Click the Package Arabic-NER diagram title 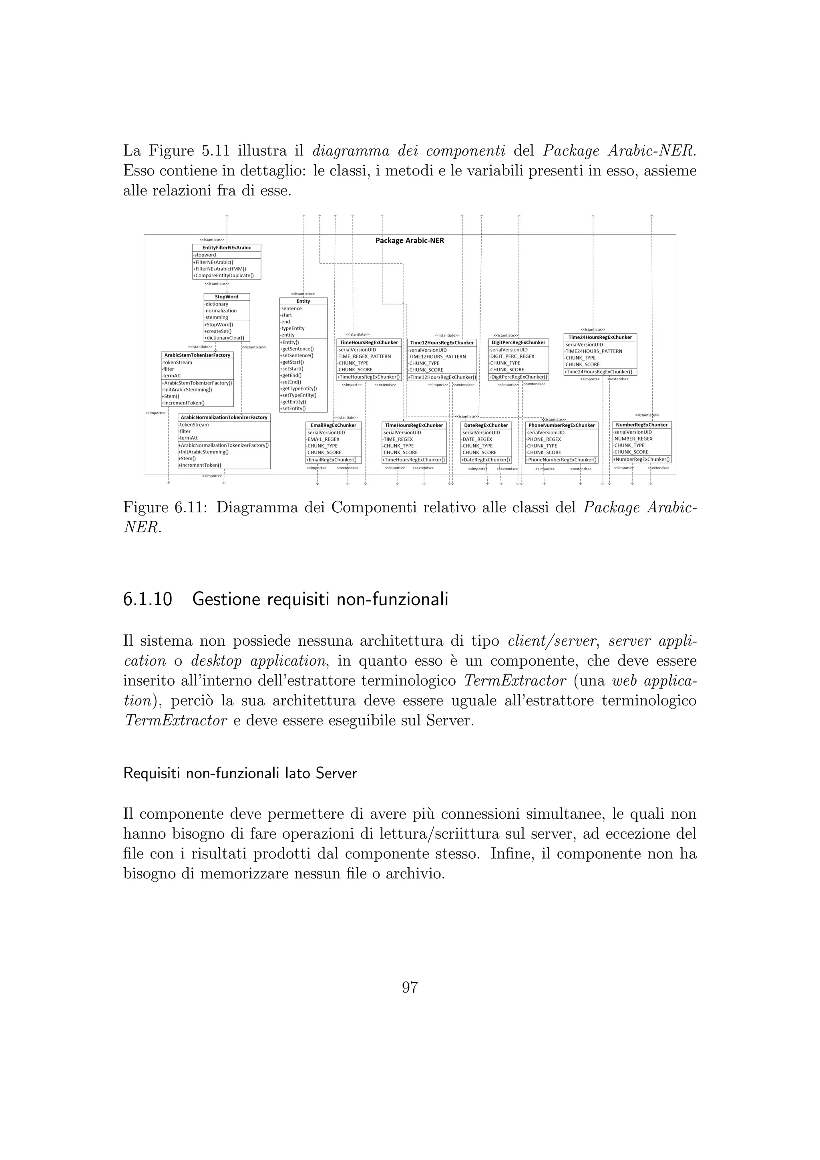410,240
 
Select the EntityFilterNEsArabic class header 226,248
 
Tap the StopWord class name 226,296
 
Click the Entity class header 303,301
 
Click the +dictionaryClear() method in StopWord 224,338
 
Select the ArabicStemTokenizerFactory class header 197,355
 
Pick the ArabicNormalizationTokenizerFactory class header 224,417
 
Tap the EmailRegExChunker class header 333,425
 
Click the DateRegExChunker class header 486,425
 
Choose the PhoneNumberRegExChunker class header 561,425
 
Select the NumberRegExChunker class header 641,425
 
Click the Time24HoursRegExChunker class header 600,337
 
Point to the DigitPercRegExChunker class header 518,342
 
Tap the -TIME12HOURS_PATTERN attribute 437,356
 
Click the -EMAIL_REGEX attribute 323,439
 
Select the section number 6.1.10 147,599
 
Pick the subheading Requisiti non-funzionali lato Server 240,773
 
